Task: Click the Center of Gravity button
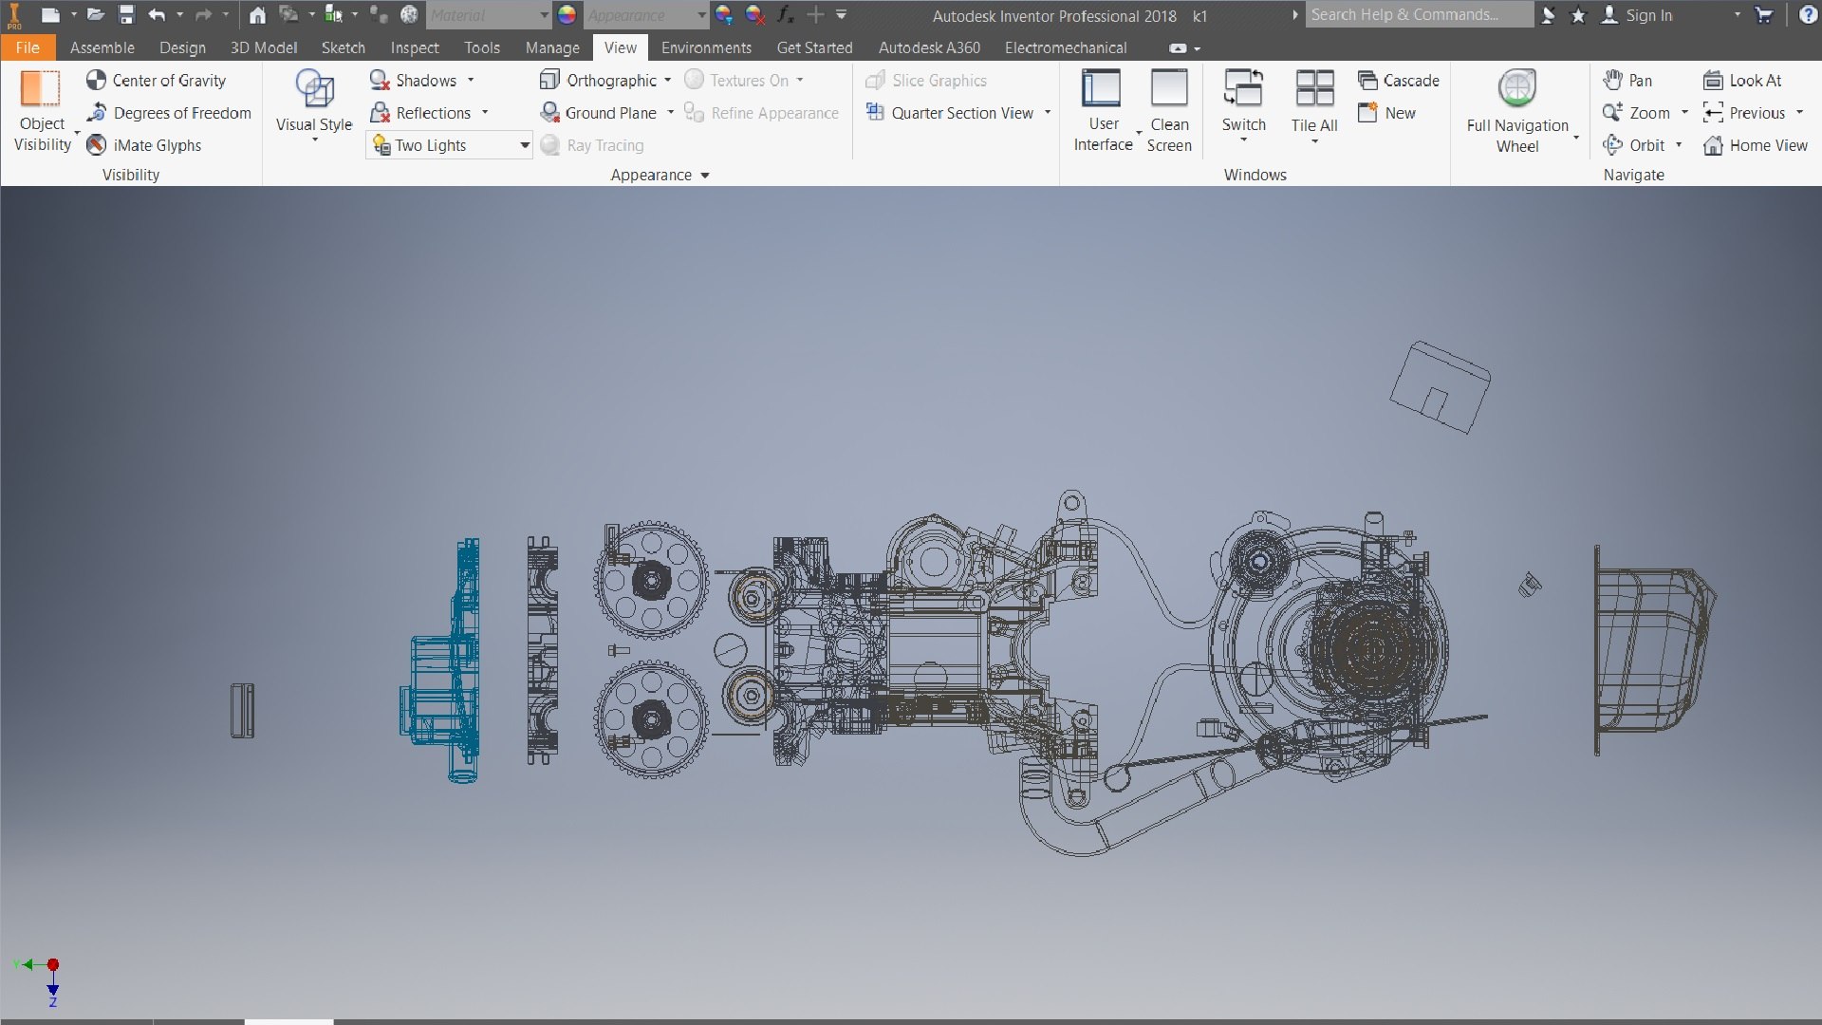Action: pos(157,81)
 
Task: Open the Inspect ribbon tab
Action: pos(414,47)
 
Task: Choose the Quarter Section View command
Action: pos(960,113)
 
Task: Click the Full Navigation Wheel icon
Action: pos(1516,88)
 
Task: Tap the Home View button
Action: pos(1756,145)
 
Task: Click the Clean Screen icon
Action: pos(1168,88)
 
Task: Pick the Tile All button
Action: pos(1314,88)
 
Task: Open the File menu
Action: pos(28,47)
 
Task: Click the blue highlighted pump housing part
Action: pos(446,664)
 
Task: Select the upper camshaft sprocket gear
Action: pos(651,579)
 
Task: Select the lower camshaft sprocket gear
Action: pos(651,719)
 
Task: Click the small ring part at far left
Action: pos(242,710)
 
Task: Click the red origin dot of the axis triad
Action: pos(53,964)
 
